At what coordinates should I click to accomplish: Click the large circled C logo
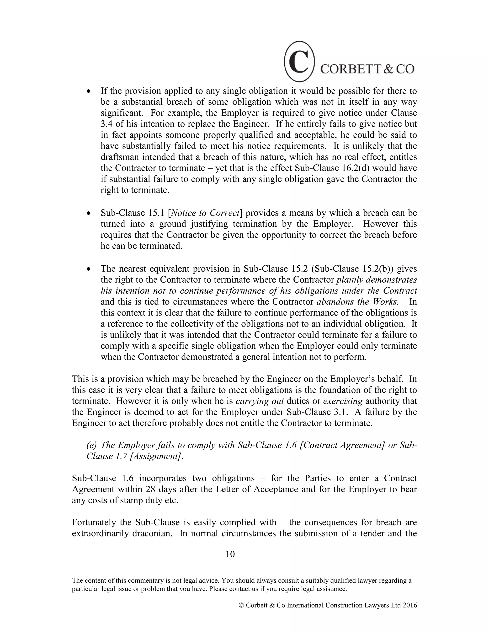[299, 61]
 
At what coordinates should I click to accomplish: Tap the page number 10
[230, 554]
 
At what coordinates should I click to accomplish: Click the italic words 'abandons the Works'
[357, 302]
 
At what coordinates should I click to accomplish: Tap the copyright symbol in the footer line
[241, 605]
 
